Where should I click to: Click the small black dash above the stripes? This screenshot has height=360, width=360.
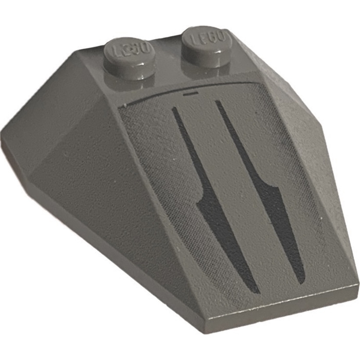(x=190, y=95)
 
